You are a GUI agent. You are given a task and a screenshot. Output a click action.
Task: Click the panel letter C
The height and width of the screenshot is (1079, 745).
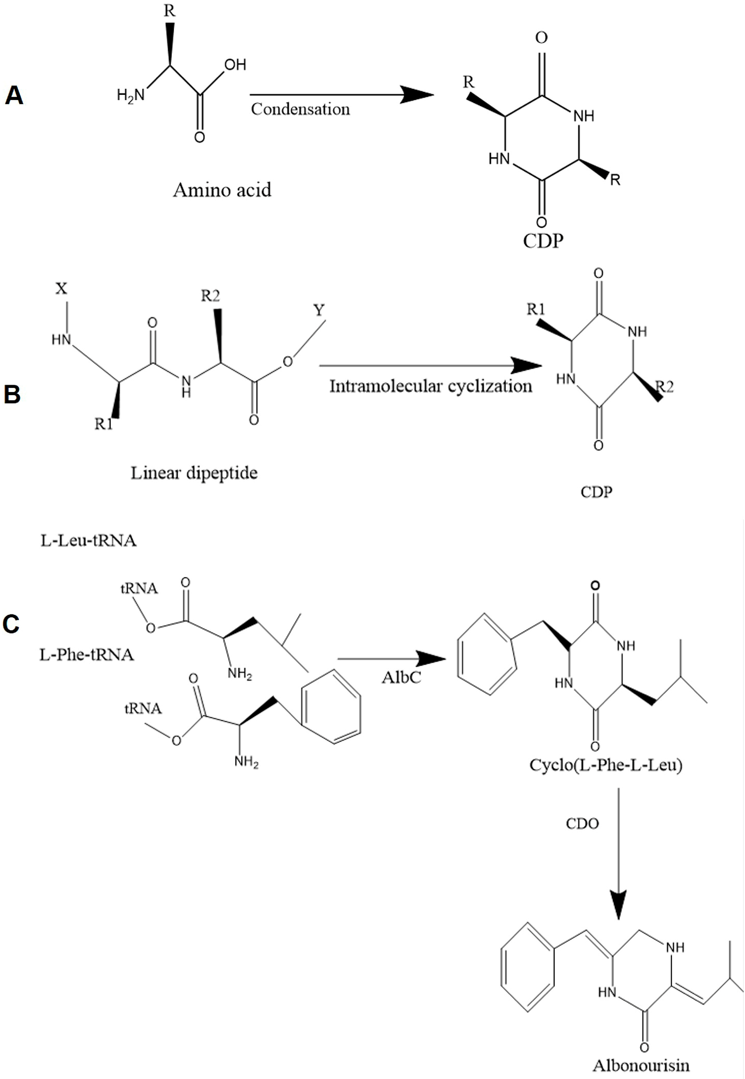click(x=11, y=623)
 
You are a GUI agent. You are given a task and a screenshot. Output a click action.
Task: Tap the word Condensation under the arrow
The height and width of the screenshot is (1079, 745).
click(x=300, y=109)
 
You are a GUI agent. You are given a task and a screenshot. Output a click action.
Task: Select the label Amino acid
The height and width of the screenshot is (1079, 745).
click(x=222, y=190)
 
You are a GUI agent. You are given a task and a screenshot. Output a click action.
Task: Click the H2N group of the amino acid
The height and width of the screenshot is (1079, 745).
click(x=131, y=96)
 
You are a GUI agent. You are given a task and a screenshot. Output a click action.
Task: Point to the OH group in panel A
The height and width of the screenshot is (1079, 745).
click(x=235, y=65)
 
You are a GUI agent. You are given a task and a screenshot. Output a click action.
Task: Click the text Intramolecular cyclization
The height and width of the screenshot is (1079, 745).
click(x=430, y=386)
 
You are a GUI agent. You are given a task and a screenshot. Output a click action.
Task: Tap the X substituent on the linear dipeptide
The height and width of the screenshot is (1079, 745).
click(x=61, y=289)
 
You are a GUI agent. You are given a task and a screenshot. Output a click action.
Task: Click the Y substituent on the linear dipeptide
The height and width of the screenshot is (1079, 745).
click(x=319, y=310)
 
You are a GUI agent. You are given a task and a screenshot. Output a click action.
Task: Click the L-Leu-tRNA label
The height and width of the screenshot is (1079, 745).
click(x=89, y=541)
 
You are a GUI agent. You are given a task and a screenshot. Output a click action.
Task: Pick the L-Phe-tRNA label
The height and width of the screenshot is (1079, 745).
click(x=87, y=655)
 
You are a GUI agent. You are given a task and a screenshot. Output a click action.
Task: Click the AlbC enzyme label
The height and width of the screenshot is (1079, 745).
click(x=401, y=677)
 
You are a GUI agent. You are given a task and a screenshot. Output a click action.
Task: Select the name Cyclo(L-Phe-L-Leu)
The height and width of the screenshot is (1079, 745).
click(x=605, y=765)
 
